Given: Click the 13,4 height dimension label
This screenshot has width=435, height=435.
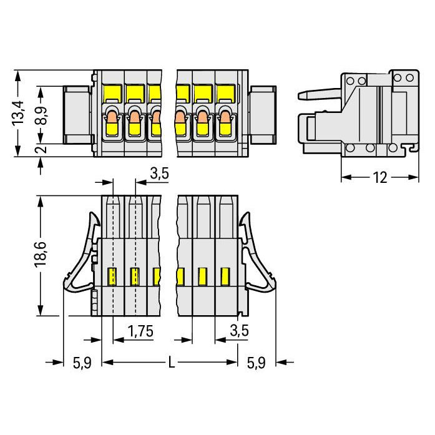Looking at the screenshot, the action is coord(18,114).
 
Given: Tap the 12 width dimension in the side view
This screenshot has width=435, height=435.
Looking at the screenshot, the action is coord(380,177).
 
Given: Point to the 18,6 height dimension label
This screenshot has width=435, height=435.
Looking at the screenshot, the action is coord(40,255).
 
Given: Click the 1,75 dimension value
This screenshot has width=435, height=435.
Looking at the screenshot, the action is coord(140,331).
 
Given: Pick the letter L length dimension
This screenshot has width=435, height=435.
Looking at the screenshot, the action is coord(172,363).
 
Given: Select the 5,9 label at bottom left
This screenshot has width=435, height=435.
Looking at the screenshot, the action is coord(82,363).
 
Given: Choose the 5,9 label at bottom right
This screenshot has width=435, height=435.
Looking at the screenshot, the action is coord(256,363).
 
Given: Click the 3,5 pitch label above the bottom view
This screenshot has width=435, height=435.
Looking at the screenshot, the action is coord(159,174).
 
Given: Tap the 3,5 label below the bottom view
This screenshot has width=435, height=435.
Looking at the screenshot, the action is coord(239,331).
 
